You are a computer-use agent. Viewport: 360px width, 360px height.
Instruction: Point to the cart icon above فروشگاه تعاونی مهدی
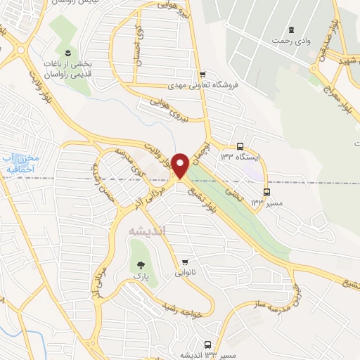202,75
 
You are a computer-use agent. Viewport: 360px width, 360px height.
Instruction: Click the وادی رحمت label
292,41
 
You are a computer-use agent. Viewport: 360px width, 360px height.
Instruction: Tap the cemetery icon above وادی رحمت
290,30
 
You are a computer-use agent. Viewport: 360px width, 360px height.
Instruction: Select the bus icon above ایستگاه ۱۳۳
240,146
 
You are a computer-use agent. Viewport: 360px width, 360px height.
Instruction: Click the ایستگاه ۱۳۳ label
239,157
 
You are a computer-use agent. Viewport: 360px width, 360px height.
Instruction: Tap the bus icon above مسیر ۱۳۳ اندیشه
207,344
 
